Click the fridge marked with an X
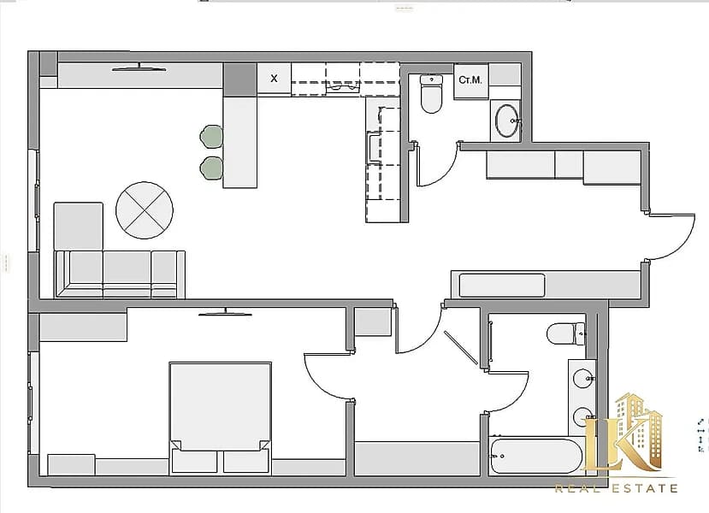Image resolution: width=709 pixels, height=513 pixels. (274, 79)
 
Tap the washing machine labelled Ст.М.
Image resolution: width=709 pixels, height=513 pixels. (470, 81)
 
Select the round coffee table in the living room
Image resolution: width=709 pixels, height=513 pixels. (145, 210)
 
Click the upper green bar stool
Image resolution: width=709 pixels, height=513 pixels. (211, 137)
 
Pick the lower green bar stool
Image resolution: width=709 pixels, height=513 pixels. (211, 168)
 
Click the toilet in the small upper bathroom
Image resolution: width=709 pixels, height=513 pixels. (431, 93)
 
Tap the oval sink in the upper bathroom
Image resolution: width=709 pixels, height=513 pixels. (507, 121)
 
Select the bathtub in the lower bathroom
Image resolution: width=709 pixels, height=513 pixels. (536, 456)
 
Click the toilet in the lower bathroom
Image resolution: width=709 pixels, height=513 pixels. (566, 334)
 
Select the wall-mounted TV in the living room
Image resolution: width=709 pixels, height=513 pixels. (139, 68)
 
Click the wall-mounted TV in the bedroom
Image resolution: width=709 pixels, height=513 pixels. (225, 312)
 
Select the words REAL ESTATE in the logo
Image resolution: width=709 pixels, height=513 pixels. (617, 488)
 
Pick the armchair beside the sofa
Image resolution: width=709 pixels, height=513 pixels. (79, 226)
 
